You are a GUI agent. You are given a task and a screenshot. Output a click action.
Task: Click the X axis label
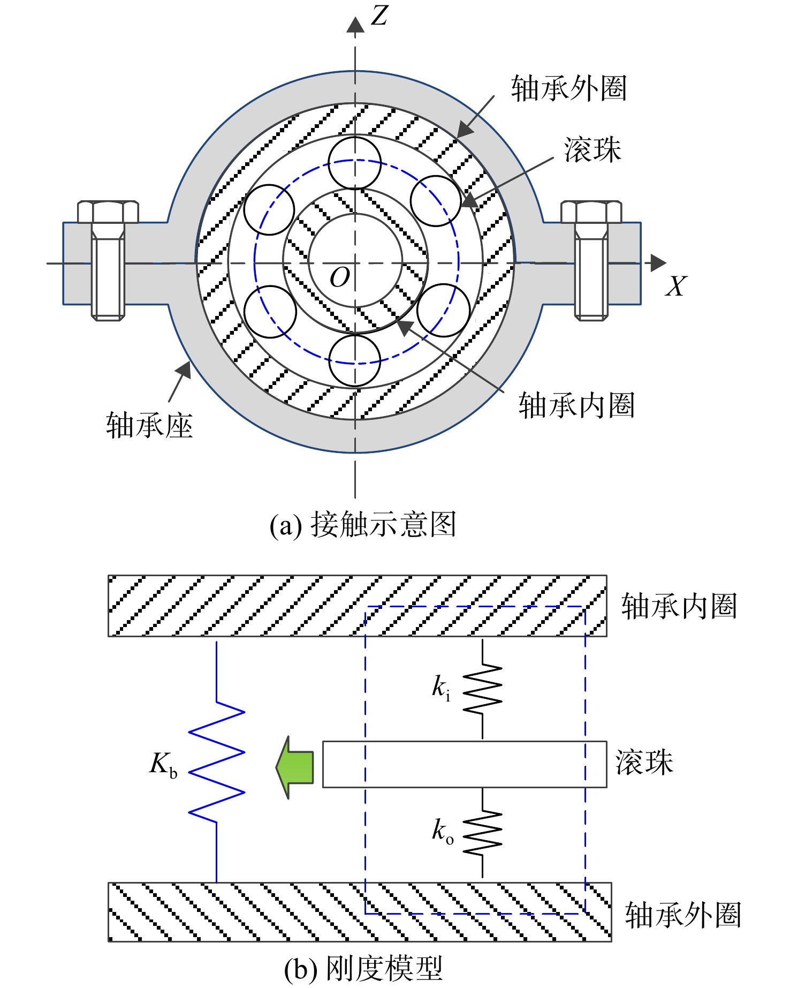[x=676, y=286]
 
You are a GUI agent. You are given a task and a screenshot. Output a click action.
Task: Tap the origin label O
[x=340, y=277]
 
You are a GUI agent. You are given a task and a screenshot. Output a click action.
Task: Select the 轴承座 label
[x=149, y=426]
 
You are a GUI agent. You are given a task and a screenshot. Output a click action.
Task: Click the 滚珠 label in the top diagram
[x=592, y=149]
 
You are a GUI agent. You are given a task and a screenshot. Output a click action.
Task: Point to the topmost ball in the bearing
[x=354, y=163]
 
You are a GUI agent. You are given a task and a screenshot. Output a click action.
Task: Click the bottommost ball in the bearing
[x=354, y=360]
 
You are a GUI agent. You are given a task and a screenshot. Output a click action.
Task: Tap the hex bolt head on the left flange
[x=108, y=212]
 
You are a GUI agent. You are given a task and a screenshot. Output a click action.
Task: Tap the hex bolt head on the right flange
[x=591, y=212]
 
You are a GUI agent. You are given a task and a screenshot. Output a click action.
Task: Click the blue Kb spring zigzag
[x=217, y=761]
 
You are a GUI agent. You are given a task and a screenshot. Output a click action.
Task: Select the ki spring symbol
[x=482, y=689]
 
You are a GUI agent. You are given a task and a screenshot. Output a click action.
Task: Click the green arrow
[x=294, y=767]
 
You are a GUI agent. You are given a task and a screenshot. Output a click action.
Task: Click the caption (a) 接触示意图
[x=363, y=524]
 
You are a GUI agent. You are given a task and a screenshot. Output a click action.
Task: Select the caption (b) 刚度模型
[x=363, y=968]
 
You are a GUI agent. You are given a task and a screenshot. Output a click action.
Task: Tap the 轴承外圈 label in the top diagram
[x=569, y=88]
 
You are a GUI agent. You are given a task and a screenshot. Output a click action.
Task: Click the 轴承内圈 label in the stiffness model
[x=679, y=606]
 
